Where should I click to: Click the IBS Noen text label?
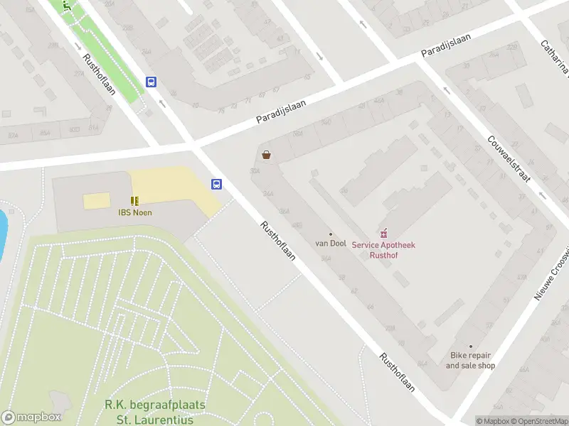coord(134,212)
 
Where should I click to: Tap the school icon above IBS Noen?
coord(134,201)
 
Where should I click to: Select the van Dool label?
coord(331,244)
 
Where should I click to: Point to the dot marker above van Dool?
coord(331,234)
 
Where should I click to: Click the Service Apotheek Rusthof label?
coord(384,250)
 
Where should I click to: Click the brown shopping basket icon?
coord(267,155)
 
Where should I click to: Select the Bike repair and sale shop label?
coord(470,361)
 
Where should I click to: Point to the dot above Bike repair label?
coord(470,346)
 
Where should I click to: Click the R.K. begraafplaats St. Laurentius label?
coord(155,411)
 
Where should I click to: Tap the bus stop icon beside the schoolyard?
coord(216,185)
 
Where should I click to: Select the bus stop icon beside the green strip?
coord(151,82)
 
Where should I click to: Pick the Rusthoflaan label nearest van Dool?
coord(277,241)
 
